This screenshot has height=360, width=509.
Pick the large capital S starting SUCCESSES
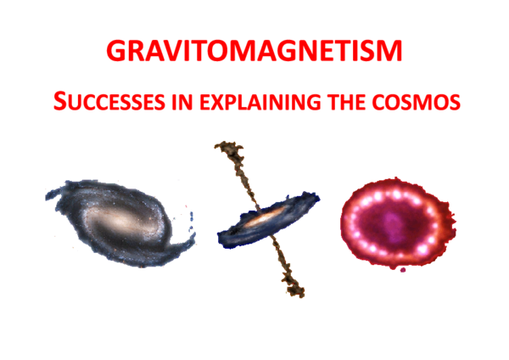(59, 102)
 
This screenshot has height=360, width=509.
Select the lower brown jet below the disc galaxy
(283, 263)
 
